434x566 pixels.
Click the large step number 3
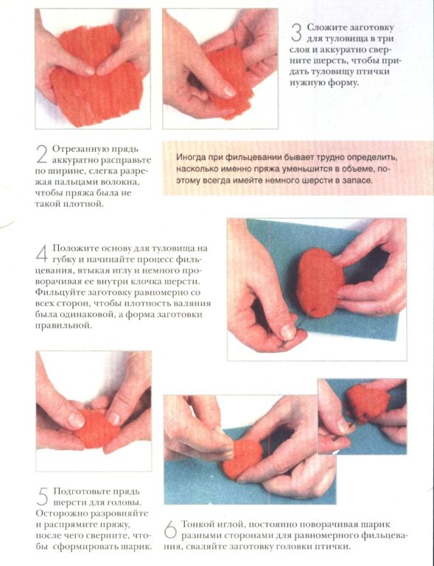coord(295,33)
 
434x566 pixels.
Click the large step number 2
coord(42,155)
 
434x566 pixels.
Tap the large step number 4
coord(42,254)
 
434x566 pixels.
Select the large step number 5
coord(43,497)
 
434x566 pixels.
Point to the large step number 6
coord(170,530)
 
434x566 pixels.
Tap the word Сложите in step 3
coord(324,27)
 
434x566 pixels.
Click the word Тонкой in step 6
coord(196,524)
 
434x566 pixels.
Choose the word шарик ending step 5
coord(139,546)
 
